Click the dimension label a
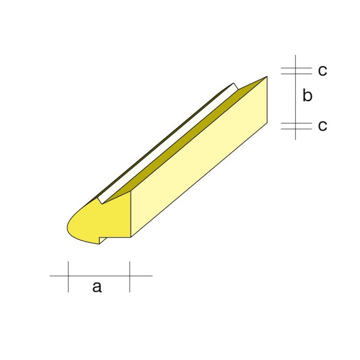point(97,286)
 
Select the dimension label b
point(307,96)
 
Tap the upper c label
point(322,71)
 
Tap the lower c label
point(322,126)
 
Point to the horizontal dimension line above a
point(99,275)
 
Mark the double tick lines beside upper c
point(296,71)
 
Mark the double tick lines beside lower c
point(296,126)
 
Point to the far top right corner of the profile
point(267,76)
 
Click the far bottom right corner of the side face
point(267,123)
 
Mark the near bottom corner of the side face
point(130,237)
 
